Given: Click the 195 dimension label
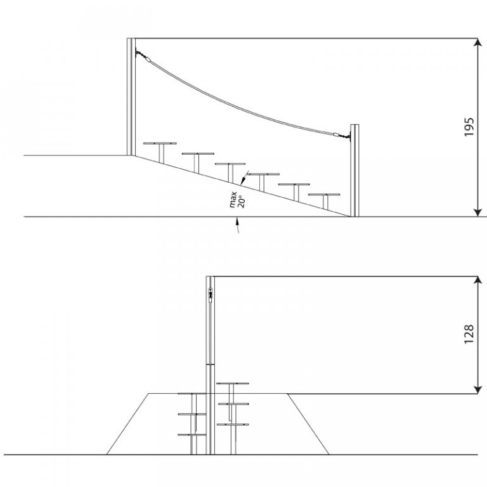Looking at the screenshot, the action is coord(469,127).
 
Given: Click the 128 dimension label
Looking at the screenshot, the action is coord(469,334).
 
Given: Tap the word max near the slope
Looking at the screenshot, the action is coord(233,200).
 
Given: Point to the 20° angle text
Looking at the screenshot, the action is coord(242,201).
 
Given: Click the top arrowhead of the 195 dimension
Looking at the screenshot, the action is coord(477,42).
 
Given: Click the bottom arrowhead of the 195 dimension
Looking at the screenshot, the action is coord(477,212).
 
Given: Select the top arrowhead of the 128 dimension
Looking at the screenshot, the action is coord(477,280).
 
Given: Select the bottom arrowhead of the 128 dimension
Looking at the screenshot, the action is coord(477,389).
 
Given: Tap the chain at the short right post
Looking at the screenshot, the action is coord(345,136).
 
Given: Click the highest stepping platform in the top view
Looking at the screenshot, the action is coord(160,143).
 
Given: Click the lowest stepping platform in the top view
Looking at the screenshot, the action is coord(324,195).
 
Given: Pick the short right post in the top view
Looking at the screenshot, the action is coord(354,171).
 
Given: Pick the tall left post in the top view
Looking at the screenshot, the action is coord(131,96).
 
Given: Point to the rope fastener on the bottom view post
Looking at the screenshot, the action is coord(211,295).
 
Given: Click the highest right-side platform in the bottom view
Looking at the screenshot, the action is coord(233,384).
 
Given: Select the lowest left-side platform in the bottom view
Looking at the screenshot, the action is coord(192,434).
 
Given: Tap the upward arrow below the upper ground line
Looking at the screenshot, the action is coord(238,225).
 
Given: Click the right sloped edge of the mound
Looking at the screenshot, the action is coord(308,424).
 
